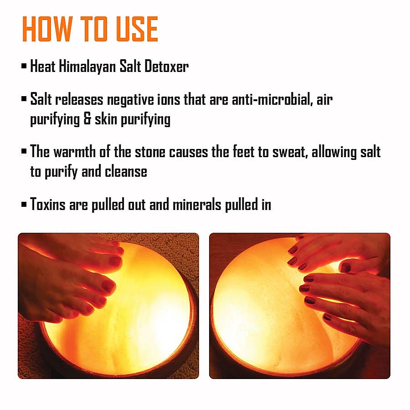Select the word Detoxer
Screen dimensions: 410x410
point(166,67)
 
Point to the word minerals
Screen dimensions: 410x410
point(197,204)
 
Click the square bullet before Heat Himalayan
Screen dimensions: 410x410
point(24,67)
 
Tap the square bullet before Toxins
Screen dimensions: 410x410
point(24,204)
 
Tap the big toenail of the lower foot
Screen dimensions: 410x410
point(108,286)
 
